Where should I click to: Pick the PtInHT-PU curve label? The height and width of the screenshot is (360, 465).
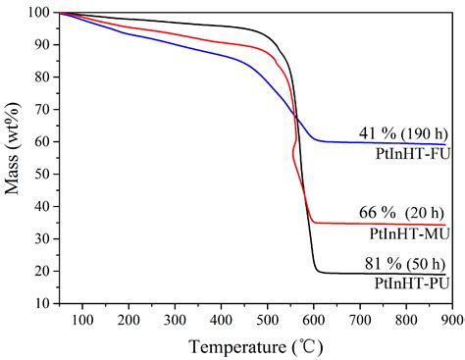pos(412,283)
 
